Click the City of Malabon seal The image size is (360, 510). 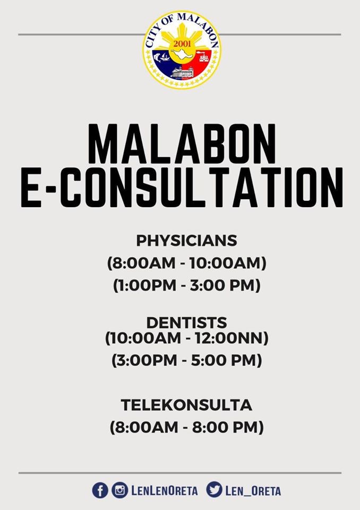[181, 49]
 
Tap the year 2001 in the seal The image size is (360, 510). [182, 43]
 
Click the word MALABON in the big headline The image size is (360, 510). [182, 144]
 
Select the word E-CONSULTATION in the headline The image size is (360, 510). [182, 188]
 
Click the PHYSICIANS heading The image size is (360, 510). [187, 241]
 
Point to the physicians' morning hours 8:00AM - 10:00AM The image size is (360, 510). [187, 263]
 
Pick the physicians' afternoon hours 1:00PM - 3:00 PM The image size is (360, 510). [187, 285]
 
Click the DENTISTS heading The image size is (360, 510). [187, 322]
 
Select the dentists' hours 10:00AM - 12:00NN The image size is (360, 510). [187, 338]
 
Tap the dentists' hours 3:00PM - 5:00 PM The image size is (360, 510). [187, 360]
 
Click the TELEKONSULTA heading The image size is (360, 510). [187, 405]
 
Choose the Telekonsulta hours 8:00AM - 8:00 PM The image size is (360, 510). [187, 427]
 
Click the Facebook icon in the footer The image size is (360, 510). [100, 490]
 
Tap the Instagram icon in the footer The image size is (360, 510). [119, 490]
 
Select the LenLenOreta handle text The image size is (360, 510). [164, 491]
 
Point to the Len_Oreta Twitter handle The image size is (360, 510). [253, 491]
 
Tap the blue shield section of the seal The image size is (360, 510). [165, 63]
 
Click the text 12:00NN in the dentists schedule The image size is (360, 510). [232, 338]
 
